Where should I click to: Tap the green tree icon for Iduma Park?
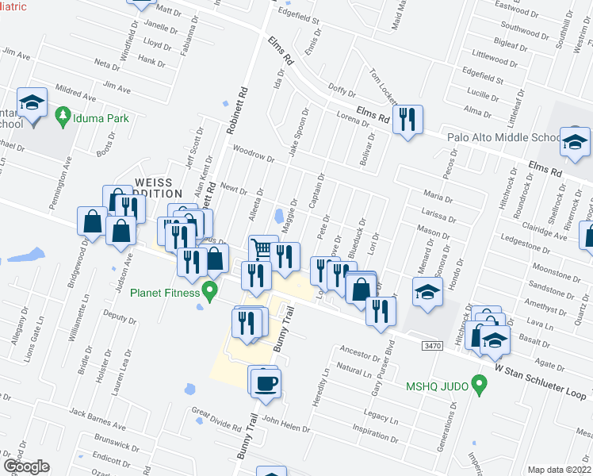pos(63,118)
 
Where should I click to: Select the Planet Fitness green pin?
pos(209,291)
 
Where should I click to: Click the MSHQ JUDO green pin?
pos(477,386)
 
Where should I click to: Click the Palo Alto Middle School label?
pos(503,136)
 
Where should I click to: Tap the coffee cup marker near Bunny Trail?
pos(266,382)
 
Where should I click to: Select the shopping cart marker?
pos(263,250)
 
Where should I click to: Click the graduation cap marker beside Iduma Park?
pos(33,103)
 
